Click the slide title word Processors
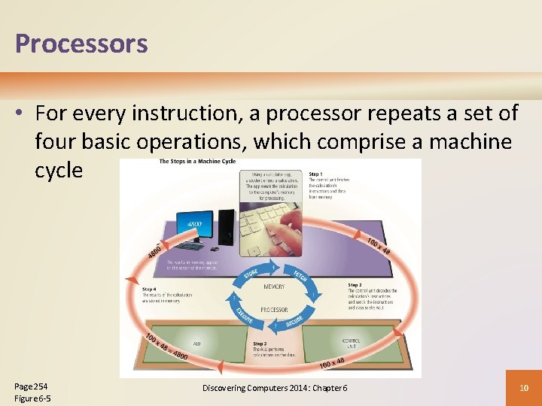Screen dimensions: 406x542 81,44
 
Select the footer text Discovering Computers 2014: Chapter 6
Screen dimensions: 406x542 275,387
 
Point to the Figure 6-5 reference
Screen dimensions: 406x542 32,398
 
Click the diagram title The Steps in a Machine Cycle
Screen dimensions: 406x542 196,162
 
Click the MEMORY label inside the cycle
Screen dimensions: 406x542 273,287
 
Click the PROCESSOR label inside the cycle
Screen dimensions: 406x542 274,309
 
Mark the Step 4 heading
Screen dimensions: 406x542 150,289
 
